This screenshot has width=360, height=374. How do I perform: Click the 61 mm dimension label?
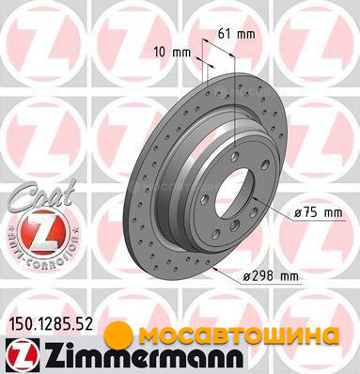[237, 34]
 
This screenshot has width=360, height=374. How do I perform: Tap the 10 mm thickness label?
[172, 53]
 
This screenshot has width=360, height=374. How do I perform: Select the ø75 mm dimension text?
[319, 213]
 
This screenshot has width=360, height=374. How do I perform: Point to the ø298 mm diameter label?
[272, 276]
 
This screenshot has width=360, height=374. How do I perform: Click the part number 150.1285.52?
[50, 324]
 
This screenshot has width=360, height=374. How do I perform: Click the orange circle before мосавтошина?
[118, 335]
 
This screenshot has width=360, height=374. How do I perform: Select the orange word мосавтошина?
[237, 335]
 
